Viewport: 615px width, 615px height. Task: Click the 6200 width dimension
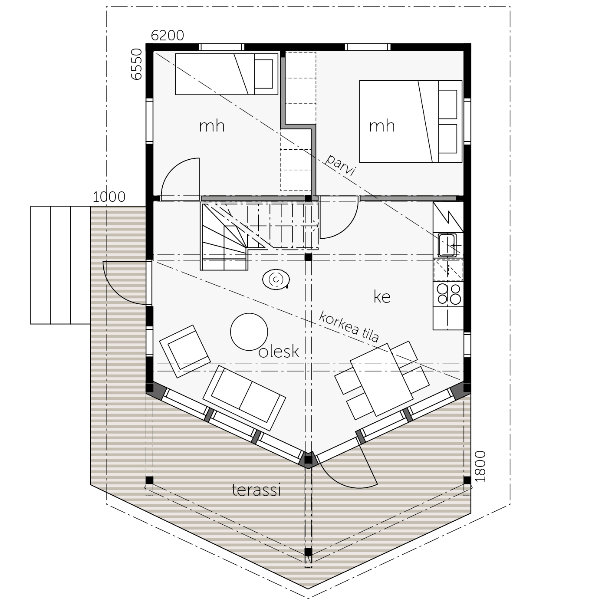167,36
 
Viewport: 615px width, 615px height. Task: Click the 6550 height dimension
137,64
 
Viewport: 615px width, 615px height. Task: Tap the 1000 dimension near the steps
109,197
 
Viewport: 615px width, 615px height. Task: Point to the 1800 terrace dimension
480,466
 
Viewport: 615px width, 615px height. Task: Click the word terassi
256,490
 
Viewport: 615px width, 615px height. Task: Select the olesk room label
279,352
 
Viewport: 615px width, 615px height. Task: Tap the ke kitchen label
381,297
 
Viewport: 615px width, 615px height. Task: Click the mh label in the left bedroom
212,126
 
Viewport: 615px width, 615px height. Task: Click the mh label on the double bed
382,126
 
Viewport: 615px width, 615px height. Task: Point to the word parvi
340,165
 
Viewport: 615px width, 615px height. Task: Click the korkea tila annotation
349,326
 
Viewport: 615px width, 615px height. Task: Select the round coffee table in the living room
249,332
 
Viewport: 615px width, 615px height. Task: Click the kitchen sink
447,245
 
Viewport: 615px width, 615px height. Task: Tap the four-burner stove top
449,294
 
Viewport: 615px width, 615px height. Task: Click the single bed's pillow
263,74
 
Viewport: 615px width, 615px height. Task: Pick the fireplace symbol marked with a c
276,280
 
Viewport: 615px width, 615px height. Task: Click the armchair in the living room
185,352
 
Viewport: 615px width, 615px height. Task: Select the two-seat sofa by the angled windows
244,398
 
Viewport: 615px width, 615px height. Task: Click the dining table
381,380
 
